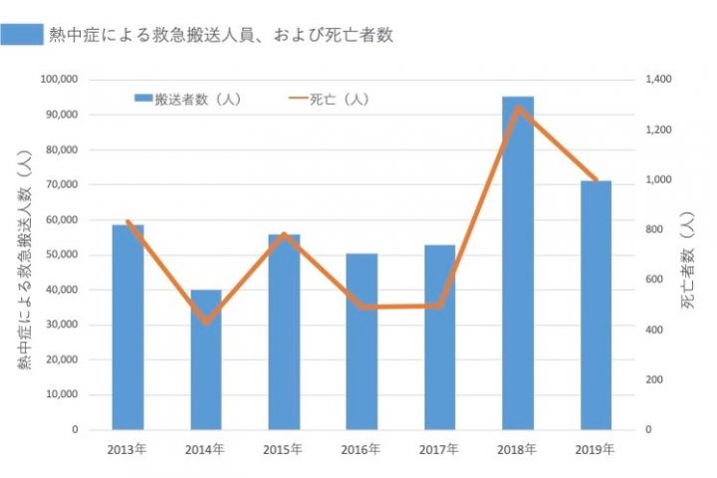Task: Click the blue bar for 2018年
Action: [x=518, y=263]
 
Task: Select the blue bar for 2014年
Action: [x=206, y=359]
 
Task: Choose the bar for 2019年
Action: [x=596, y=305]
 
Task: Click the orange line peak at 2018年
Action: [x=518, y=108]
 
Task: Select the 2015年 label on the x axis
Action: [x=284, y=448]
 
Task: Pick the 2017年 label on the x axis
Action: [x=439, y=448]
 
